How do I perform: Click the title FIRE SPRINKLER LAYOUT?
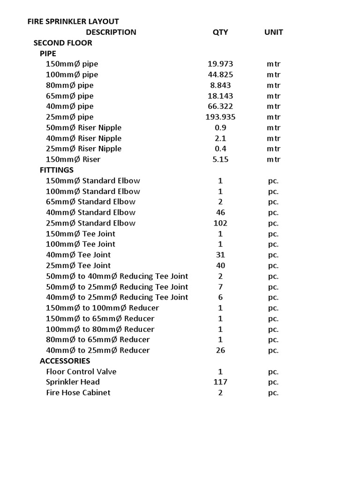73,22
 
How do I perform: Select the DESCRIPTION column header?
111,32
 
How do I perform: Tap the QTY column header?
220,32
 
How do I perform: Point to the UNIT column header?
273,32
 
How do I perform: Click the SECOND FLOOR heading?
63,43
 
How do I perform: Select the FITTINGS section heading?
57,170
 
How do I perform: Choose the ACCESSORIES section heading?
65,361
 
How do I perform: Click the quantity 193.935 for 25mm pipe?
220,117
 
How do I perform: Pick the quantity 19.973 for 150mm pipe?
220,64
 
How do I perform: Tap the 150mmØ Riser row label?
73,159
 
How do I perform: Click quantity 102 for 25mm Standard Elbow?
220,223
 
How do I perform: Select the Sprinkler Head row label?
73,382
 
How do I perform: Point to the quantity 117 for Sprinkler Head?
220,382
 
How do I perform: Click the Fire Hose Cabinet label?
78,393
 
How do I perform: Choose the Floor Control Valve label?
81,372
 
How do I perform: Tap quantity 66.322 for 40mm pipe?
220,106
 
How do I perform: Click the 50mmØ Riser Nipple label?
83,128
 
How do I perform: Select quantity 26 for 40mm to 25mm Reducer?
220,350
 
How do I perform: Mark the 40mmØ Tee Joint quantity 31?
220,255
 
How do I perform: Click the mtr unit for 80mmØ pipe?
274,85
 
